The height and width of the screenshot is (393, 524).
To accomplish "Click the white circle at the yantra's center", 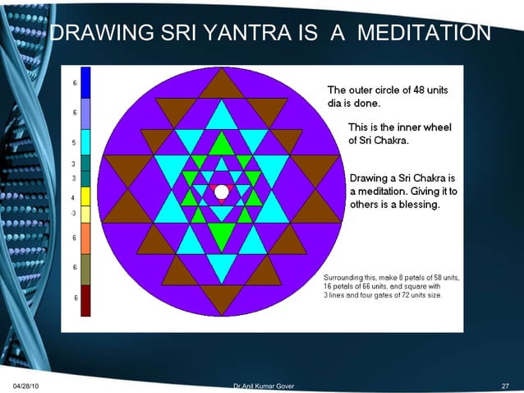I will pyautogui.click(x=221, y=190).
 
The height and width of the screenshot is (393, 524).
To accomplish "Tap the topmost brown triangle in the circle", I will pyautogui.click(x=221, y=85).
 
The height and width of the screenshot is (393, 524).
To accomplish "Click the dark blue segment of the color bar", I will pyautogui.click(x=85, y=82).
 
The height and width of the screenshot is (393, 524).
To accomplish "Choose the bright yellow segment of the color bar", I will pyautogui.click(x=85, y=197).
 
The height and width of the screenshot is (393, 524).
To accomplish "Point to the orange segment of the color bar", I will pyautogui.click(x=85, y=238).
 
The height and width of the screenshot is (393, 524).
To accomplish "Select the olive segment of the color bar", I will pyautogui.click(x=85, y=268).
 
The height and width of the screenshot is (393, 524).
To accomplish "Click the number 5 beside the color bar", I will pyautogui.click(x=75, y=142).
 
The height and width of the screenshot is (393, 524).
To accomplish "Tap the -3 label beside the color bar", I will pyautogui.click(x=74, y=213).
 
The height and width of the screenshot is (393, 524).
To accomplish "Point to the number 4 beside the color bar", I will pyautogui.click(x=75, y=198).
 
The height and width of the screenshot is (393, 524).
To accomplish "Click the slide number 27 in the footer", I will pyautogui.click(x=505, y=386).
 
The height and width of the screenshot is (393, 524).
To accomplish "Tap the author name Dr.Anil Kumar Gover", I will pyautogui.click(x=263, y=386).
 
